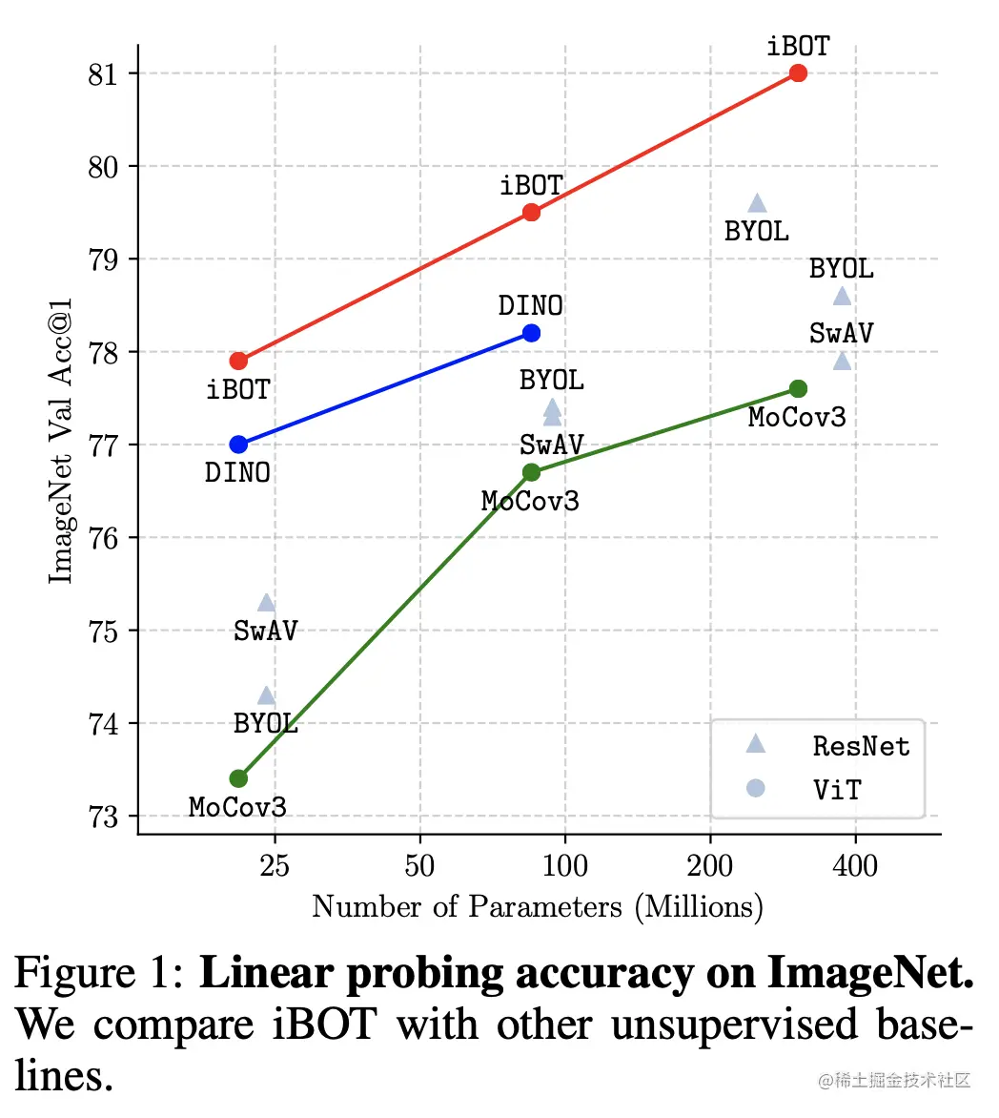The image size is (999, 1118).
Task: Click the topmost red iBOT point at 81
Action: (x=798, y=73)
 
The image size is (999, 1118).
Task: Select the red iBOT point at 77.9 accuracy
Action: (x=238, y=361)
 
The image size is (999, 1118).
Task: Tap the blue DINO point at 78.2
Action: (x=531, y=333)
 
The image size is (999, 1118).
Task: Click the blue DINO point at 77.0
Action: (x=238, y=445)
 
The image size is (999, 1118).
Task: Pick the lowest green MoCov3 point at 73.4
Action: (x=238, y=778)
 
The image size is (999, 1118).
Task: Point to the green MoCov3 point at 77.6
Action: (x=798, y=388)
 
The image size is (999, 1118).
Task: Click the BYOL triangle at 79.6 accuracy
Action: (x=757, y=203)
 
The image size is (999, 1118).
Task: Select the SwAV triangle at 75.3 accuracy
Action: (x=266, y=603)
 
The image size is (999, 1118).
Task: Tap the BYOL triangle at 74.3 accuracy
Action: (x=266, y=695)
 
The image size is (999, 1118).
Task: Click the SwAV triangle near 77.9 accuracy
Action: (x=842, y=361)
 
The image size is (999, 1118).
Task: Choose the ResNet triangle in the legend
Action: (x=756, y=743)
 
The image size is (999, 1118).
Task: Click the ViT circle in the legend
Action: (x=756, y=788)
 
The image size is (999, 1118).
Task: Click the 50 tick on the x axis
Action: (x=419, y=866)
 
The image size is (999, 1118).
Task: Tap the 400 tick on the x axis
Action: (x=855, y=866)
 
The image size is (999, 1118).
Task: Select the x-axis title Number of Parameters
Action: (x=537, y=906)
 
